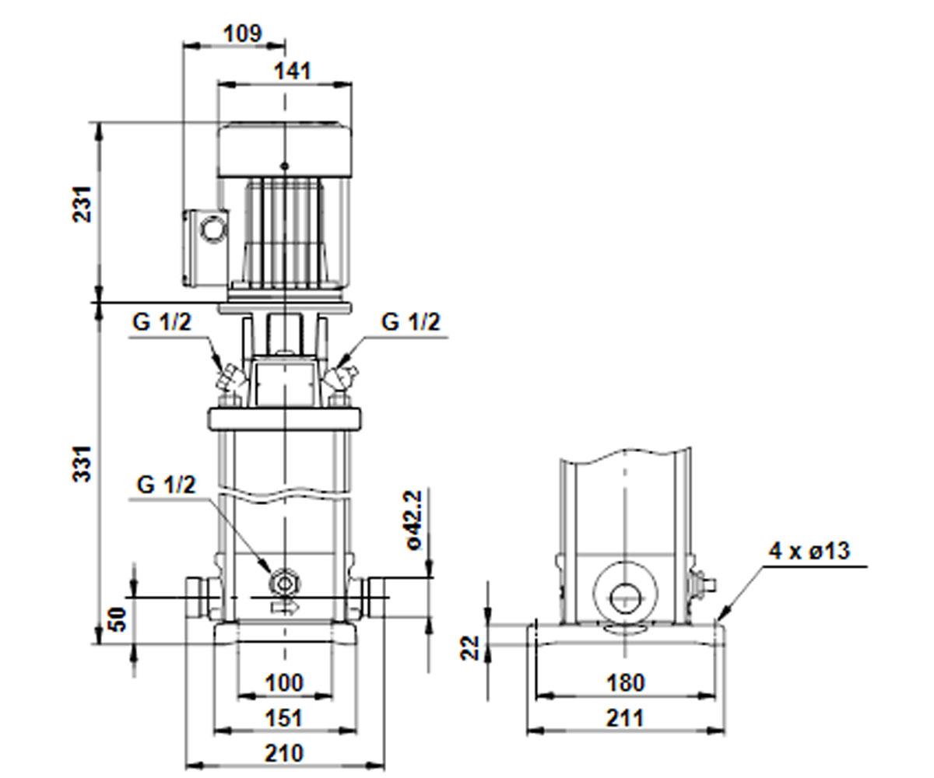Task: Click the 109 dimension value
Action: (242, 33)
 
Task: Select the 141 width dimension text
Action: (292, 71)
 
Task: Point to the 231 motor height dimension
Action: (83, 204)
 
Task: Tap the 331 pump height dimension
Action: (83, 464)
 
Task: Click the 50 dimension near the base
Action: (118, 619)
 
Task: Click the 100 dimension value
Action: (285, 683)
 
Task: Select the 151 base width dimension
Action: (285, 718)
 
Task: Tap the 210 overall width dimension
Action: (285, 753)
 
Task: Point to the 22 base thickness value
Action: (469, 648)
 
